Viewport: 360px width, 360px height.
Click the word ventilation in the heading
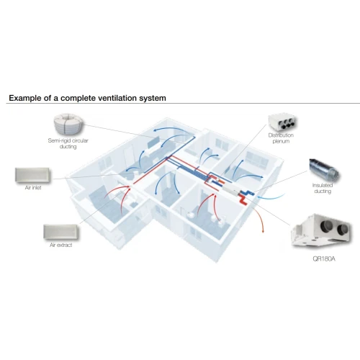click(x=120, y=98)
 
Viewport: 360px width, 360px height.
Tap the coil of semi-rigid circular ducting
click(x=68, y=125)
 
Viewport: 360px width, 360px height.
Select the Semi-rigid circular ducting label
click(x=68, y=143)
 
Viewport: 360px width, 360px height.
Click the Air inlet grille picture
click(x=32, y=175)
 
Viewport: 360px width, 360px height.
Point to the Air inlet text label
click(x=33, y=188)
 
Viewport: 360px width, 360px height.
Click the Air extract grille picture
click(x=61, y=232)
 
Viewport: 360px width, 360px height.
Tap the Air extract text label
click(x=61, y=245)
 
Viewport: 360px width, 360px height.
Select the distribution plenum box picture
click(x=282, y=122)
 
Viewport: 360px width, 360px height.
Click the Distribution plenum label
click(x=281, y=138)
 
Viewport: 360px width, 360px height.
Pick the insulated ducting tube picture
click(x=324, y=170)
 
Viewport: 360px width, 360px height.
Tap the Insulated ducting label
click(x=323, y=188)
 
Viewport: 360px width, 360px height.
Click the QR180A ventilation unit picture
click(x=321, y=231)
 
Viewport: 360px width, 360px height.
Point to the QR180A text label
click(x=324, y=258)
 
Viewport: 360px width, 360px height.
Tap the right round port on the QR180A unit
click(x=342, y=230)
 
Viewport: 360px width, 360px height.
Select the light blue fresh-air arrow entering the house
click(x=271, y=198)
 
